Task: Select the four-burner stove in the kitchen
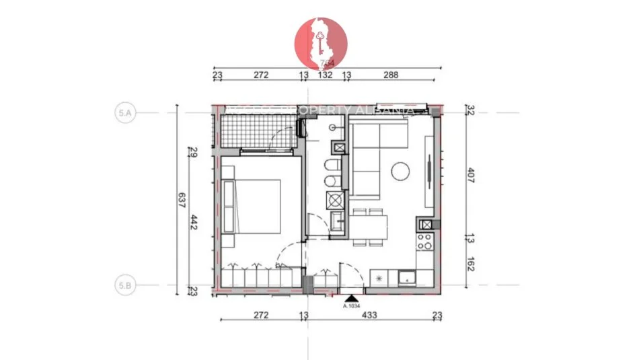(425, 243)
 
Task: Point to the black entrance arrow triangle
(350, 298)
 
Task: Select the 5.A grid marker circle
(124, 113)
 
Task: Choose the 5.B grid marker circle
(124, 285)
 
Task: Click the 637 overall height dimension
(180, 201)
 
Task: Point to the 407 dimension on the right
(469, 177)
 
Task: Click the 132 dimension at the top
(325, 75)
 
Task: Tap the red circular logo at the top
(322, 43)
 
